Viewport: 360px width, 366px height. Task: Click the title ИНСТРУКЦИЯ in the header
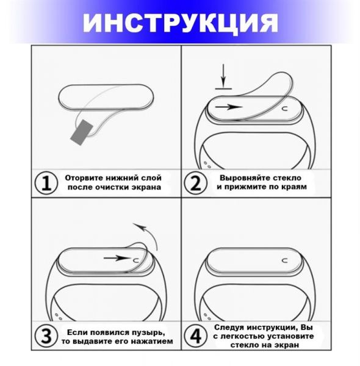[180, 23]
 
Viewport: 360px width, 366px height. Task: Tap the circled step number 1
[45, 183]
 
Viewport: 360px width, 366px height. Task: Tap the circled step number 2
[195, 183]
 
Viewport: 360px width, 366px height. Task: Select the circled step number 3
[45, 336]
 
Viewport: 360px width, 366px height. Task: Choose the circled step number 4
[195, 336]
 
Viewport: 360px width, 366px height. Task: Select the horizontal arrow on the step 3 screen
[116, 258]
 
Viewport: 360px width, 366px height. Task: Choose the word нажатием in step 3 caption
[150, 341]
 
